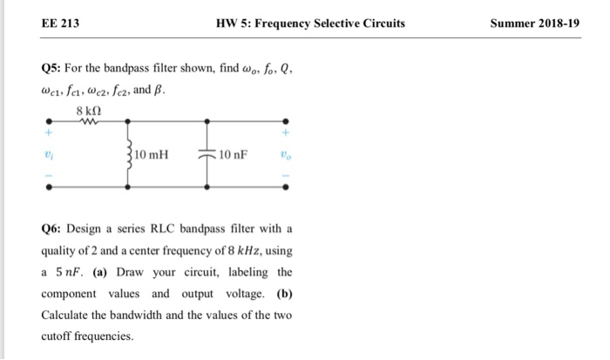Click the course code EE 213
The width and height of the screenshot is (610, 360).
tap(60, 23)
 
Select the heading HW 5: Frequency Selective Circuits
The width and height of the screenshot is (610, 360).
tap(309, 23)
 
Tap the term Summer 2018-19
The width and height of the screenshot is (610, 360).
tap(534, 23)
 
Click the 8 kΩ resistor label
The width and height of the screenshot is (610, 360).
tap(89, 113)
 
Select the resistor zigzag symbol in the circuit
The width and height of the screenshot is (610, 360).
tap(87, 124)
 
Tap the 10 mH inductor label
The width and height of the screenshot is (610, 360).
tap(152, 156)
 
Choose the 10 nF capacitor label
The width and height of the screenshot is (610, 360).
tap(233, 156)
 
